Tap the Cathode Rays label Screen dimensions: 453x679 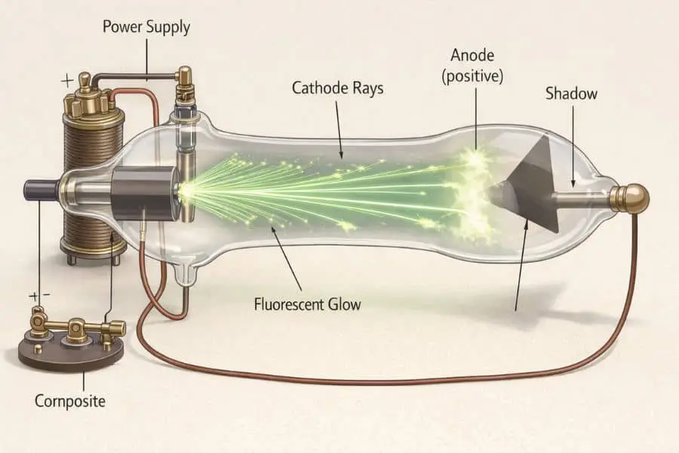tap(337, 88)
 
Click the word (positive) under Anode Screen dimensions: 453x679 tap(476, 75)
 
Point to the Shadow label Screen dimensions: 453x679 tap(571, 94)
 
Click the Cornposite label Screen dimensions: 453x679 tap(70, 401)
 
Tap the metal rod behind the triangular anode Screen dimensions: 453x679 tap(585, 199)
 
